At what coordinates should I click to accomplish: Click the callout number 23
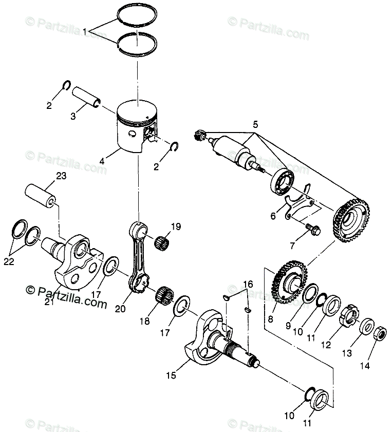point(61,176)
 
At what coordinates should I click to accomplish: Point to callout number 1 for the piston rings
point(84,31)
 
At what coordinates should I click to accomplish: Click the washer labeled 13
point(367,327)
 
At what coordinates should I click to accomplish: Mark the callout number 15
point(170,375)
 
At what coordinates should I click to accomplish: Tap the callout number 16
point(248,284)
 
